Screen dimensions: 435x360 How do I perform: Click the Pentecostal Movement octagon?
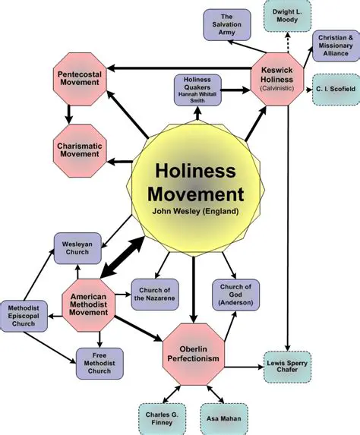pyautogui.click(x=79, y=77)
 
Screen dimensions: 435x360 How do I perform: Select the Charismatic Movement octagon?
pyautogui.click(x=79, y=148)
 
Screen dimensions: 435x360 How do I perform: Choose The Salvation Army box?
pyautogui.click(x=226, y=24)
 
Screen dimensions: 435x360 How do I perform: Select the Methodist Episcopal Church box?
pyautogui.click(x=25, y=313)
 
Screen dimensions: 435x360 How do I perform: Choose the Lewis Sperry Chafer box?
pyautogui.click(x=287, y=367)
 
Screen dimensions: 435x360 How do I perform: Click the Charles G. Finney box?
pyautogui.click(x=161, y=418)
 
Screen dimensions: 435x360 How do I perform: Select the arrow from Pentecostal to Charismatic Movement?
pyautogui.click(x=68, y=112)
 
